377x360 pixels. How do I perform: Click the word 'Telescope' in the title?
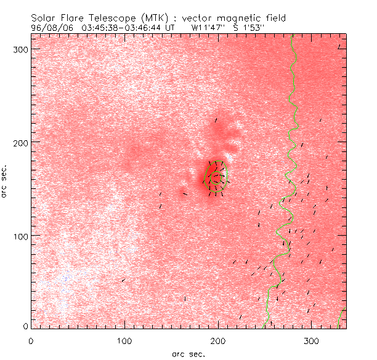click(108, 18)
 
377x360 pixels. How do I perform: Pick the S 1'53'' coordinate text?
click(253, 27)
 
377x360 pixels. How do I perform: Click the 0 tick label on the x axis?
click(31, 340)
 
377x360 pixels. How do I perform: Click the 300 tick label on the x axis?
click(312, 340)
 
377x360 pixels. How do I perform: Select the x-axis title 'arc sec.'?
click(188, 353)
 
